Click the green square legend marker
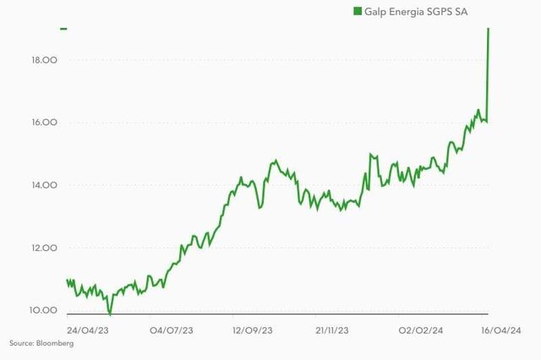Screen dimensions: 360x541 click(x=357, y=11)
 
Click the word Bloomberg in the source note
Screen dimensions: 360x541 click(x=56, y=343)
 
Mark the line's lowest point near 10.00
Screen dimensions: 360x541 click(x=110, y=314)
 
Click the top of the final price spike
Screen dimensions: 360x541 click(x=489, y=30)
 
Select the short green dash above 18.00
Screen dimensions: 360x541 click(x=63, y=29)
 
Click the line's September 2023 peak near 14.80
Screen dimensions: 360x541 click(x=275, y=160)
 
